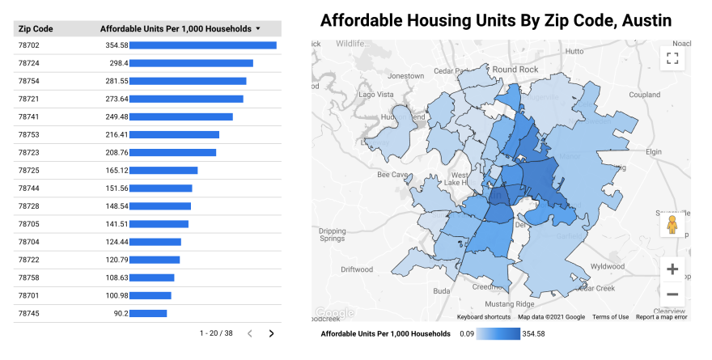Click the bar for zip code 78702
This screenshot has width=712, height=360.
202,45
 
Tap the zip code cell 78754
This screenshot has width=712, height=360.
29,81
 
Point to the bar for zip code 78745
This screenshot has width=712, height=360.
148,313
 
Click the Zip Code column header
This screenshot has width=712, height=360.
36,28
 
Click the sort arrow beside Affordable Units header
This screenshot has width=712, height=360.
257,28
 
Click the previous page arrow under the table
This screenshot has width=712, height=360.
250,333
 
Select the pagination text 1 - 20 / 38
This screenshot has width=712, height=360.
216,333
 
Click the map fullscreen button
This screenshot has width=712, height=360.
672,58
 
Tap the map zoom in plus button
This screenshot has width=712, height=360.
672,269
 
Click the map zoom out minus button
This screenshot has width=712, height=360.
672,294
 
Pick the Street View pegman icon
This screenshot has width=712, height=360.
672,226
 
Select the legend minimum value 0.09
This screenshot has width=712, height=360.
465,333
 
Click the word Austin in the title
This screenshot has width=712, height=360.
644,20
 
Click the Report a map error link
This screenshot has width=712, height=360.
662,317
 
